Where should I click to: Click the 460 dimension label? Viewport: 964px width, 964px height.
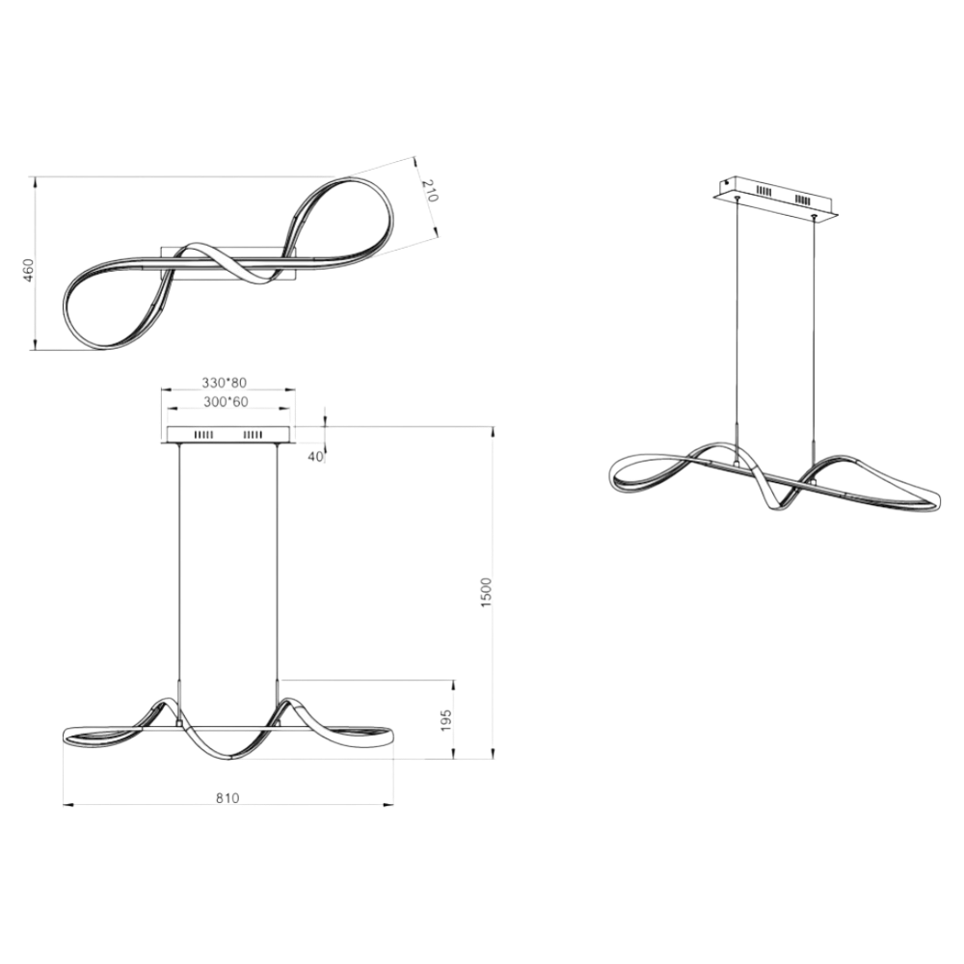point(29,271)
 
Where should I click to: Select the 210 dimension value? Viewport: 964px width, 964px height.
point(430,191)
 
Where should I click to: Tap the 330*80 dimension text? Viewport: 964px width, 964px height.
point(225,383)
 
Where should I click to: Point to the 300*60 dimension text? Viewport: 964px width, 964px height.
point(225,401)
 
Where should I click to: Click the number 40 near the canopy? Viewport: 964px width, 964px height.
point(315,457)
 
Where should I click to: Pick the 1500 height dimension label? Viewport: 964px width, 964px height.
point(486,593)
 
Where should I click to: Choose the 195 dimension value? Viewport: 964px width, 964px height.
point(446,720)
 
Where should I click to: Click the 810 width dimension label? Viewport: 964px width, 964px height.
point(227,798)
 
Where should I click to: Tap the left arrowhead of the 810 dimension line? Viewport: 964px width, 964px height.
point(68,804)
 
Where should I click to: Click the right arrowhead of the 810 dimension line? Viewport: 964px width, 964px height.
point(388,804)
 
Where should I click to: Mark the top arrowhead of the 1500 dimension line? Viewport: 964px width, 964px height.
point(492,431)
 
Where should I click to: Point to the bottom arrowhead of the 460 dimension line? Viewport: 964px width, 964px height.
point(35,345)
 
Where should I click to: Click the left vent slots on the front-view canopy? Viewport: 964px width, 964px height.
point(203,435)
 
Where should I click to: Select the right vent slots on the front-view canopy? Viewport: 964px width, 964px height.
point(253,435)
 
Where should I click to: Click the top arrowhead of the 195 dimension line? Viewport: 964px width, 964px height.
point(453,684)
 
